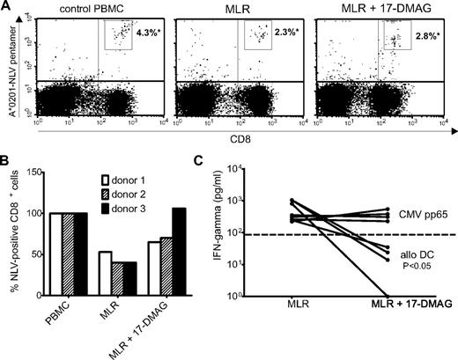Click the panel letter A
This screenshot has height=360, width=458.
click(7, 7)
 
